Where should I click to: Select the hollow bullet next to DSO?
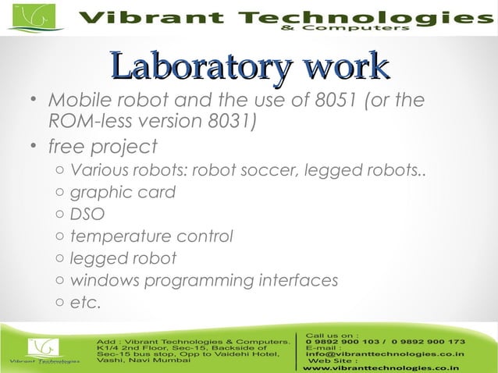pos(60,214)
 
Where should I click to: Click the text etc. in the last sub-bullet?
pos(86,302)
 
